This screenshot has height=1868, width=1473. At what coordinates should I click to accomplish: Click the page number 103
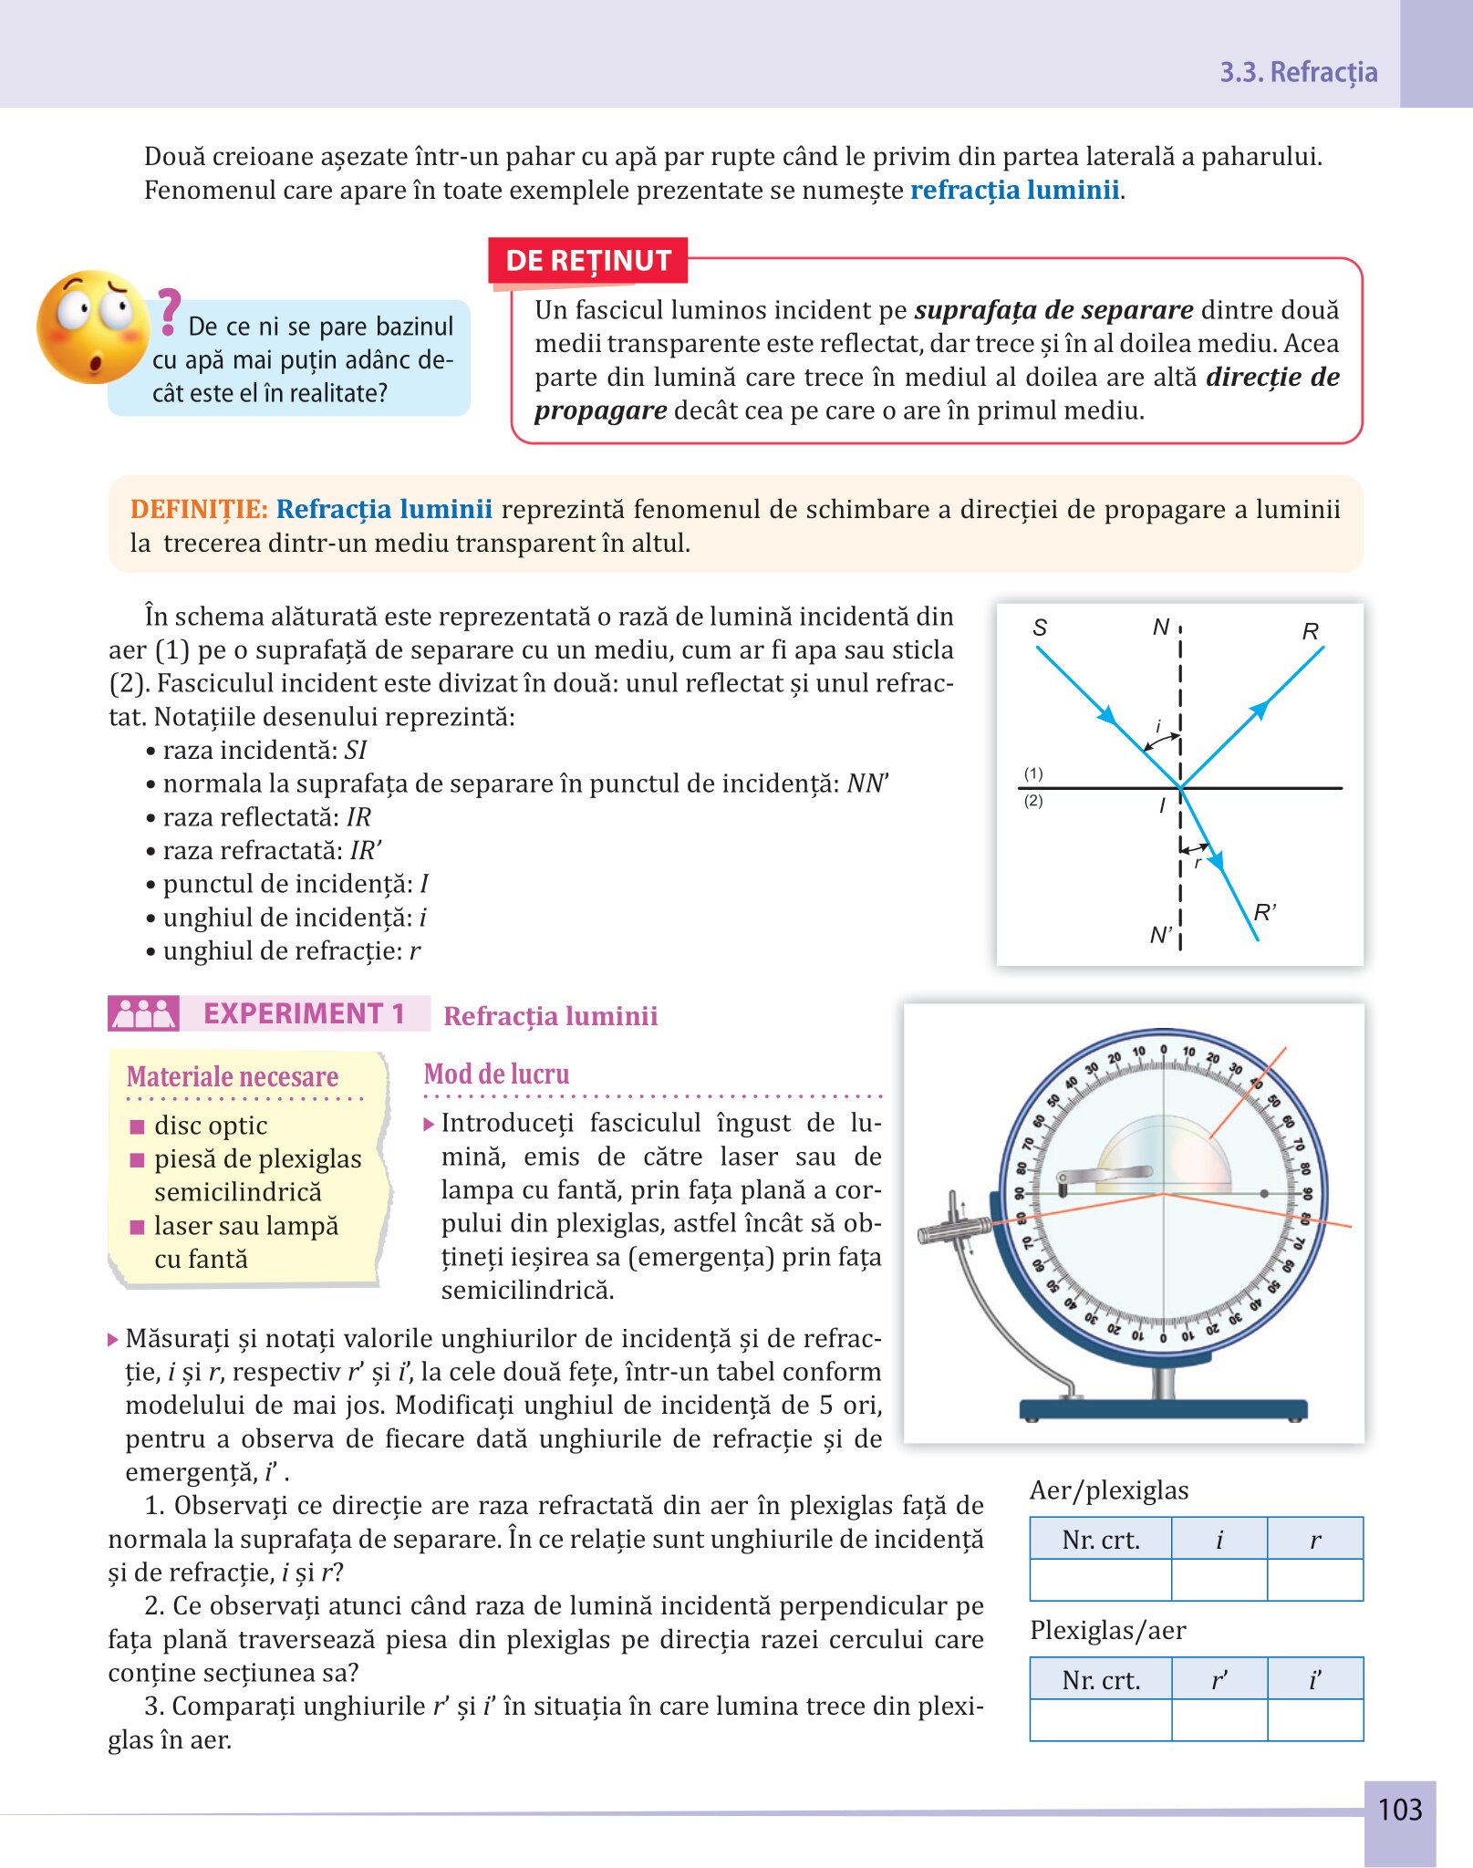click(1399, 1809)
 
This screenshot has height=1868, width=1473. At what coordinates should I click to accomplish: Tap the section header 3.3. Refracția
click(1298, 72)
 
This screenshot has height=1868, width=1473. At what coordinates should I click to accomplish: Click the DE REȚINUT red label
click(588, 261)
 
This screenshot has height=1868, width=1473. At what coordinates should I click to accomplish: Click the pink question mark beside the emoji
click(168, 311)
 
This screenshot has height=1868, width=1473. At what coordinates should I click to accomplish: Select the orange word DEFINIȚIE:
click(199, 509)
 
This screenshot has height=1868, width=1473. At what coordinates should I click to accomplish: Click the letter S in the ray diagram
click(1040, 628)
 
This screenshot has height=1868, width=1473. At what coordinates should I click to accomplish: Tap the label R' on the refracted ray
click(1264, 912)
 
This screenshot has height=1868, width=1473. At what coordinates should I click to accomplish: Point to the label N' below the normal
click(1160, 935)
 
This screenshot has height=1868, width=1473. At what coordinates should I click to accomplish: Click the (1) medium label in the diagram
click(1032, 773)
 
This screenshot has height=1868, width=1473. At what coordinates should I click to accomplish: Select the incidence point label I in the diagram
click(1162, 805)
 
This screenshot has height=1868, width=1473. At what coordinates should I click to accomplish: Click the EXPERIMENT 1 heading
click(304, 1013)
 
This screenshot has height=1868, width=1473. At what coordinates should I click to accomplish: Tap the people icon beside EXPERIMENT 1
click(143, 1013)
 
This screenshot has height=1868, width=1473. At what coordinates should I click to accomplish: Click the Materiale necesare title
click(233, 1077)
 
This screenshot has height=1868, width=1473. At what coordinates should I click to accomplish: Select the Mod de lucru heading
click(496, 1074)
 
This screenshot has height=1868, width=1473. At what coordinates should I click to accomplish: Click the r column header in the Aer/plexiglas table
click(1314, 1540)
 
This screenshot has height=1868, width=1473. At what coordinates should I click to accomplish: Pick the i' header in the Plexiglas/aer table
click(1314, 1679)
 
